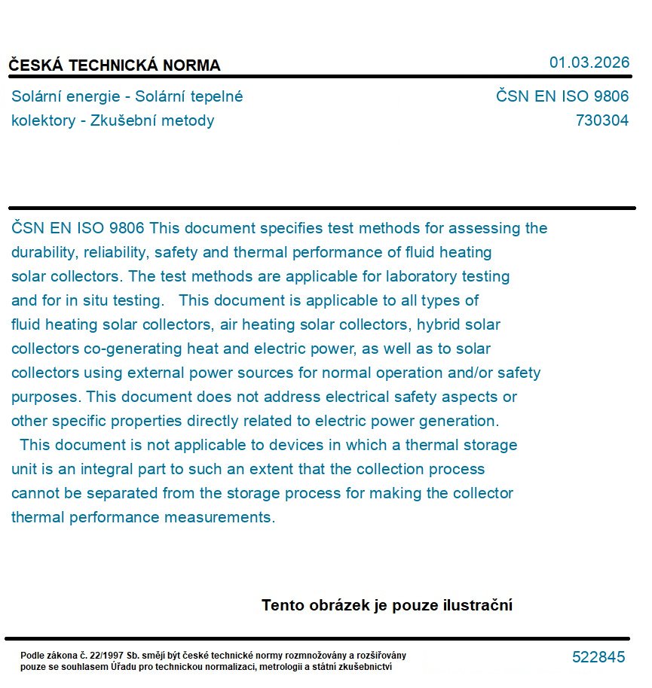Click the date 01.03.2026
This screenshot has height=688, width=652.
click(589, 62)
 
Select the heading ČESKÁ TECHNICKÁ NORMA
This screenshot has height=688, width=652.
click(115, 65)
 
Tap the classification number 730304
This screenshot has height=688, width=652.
click(601, 120)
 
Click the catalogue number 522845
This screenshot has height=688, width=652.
click(598, 657)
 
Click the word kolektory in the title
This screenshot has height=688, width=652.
click(44, 120)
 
